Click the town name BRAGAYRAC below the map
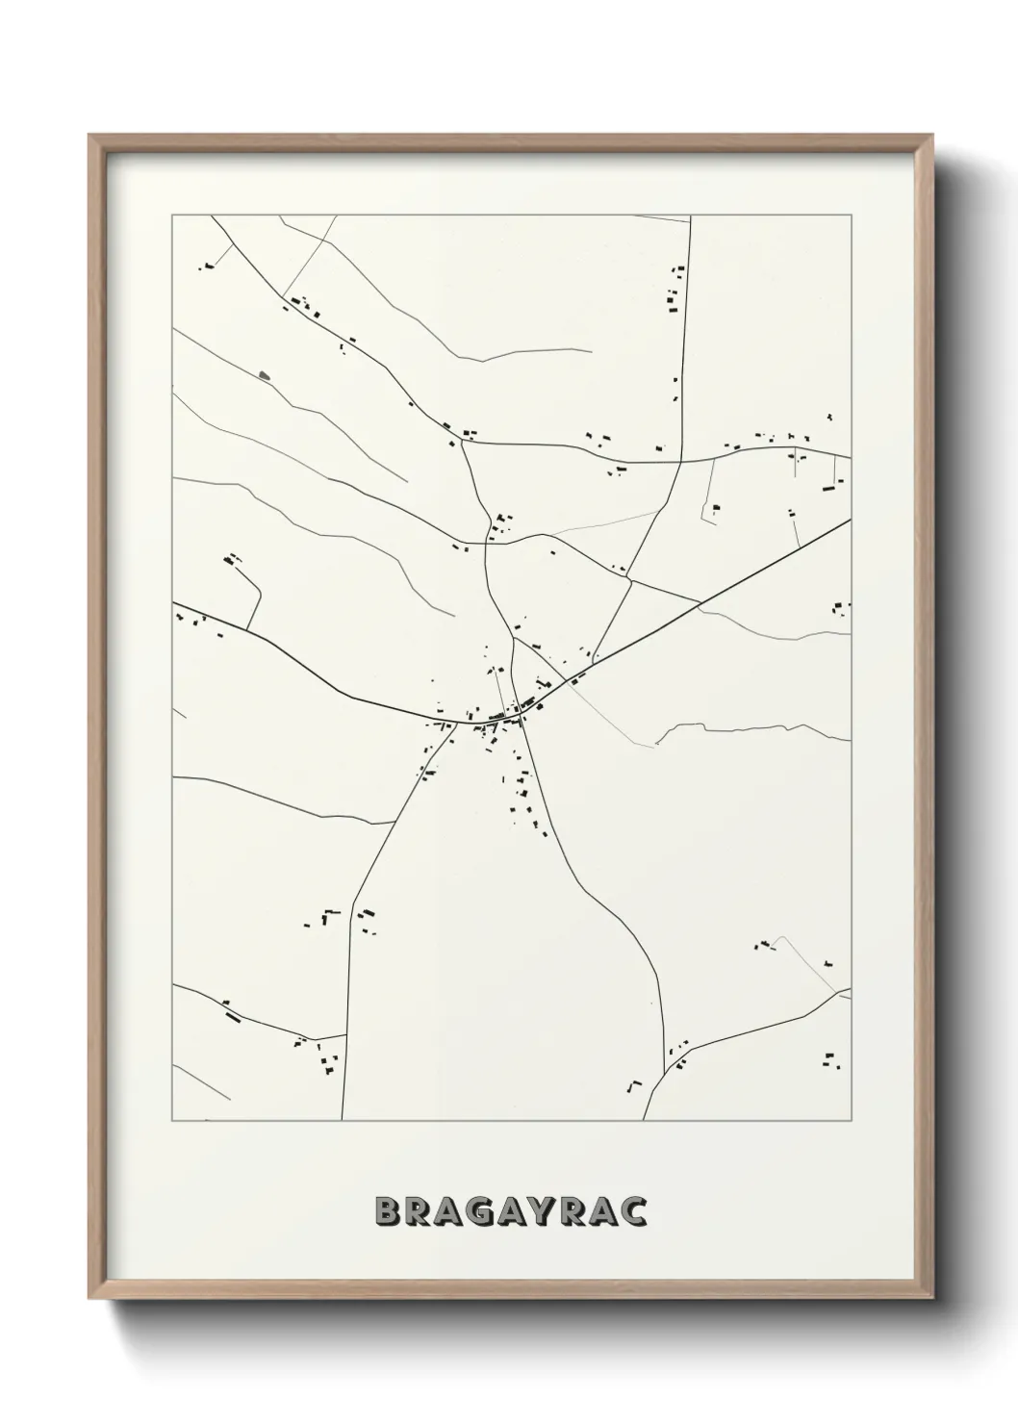click(x=509, y=1211)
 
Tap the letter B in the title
click(x=385, y=1211)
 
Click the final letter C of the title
click(x=633, y=1211)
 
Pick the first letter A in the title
click(x=447, y=1211)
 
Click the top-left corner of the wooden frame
click(x=90, y=136)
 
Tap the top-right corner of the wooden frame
click(x=932, y=136)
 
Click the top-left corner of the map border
click(x=172, y=216)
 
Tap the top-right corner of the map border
click(x=851, y=216)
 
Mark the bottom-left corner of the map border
click(x=172, y=1121)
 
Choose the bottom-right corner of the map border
click(x=851, y=1121)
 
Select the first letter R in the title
click(x=416, y=1211)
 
